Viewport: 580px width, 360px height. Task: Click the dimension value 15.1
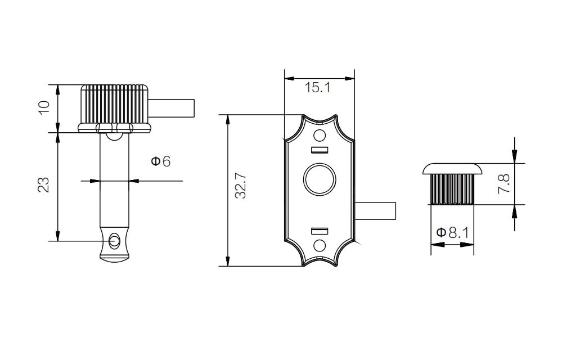(317, 88)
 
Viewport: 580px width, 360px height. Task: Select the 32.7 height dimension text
(240, 186)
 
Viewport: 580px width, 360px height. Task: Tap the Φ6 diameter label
(160, 161)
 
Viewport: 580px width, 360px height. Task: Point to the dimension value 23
(44, 184)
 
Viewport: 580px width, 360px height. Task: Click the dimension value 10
(44, 107)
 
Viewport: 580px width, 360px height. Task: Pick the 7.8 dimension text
(504, 184)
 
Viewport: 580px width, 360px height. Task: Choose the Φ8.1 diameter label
(452, 233)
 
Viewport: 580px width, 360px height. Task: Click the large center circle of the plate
(320, 180)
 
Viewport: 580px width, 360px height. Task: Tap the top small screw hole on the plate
(320, 136)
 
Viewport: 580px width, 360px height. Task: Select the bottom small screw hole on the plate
(320, 245)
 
